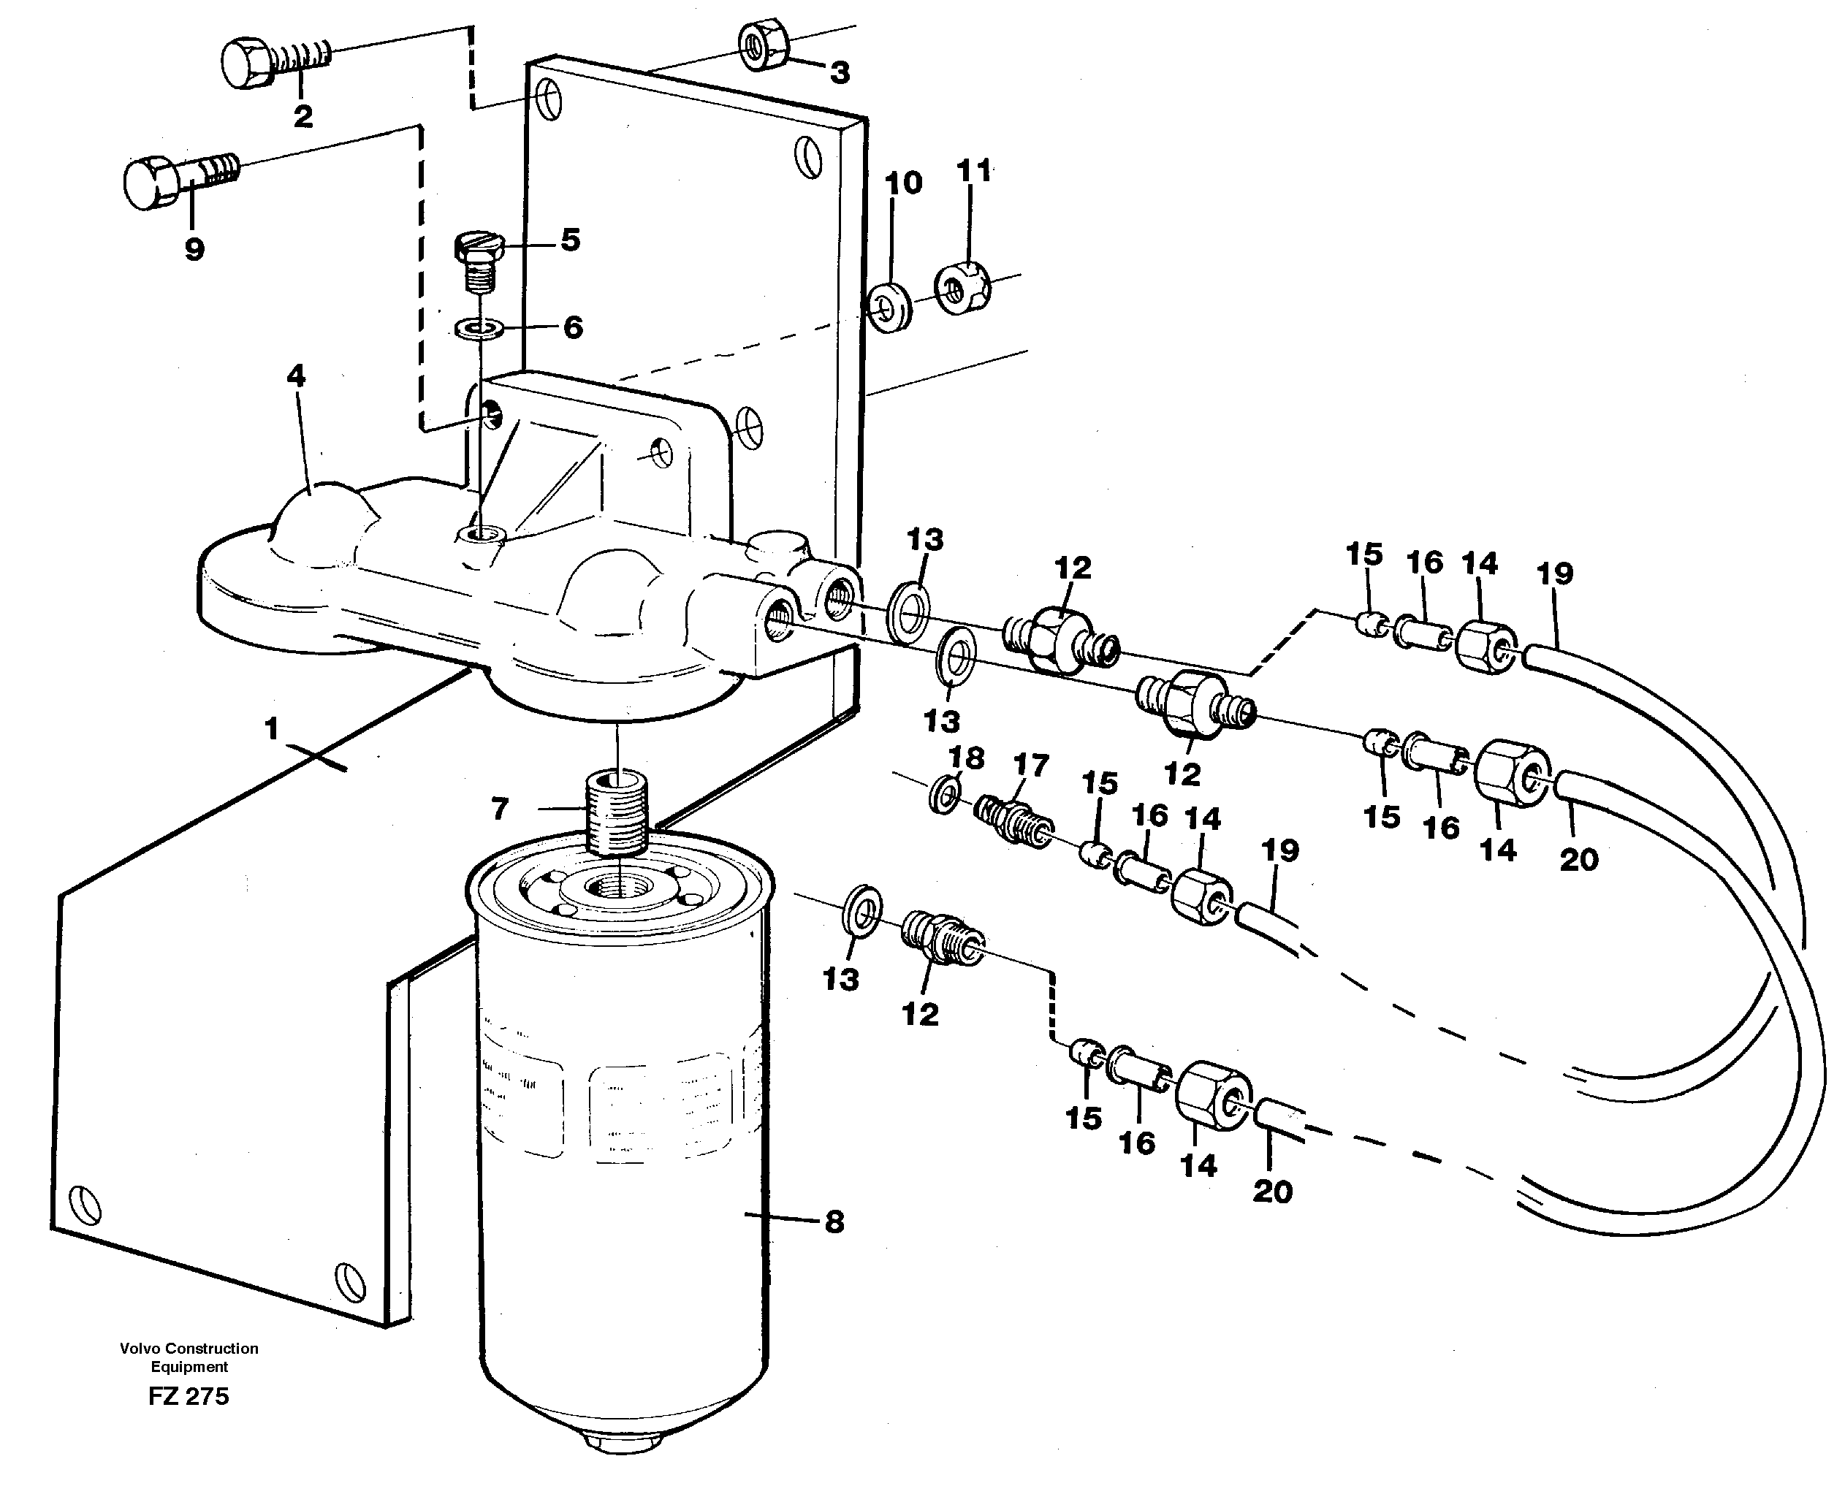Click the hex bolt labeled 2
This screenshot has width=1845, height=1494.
click(274, 60)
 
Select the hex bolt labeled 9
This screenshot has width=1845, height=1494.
click(179, 179)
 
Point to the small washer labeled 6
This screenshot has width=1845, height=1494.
click(480, 328)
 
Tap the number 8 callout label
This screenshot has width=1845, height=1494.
click(834, 1222)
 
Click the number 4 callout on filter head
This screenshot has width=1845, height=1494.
click(296, 376)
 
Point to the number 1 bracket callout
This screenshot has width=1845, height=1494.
click(272, 729)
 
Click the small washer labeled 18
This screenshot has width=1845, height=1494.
click(945, 793)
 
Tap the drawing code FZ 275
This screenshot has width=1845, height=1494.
click(189, 1396)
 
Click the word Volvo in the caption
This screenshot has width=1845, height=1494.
click(141, 1349)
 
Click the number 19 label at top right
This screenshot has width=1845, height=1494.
click(1555, 573)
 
